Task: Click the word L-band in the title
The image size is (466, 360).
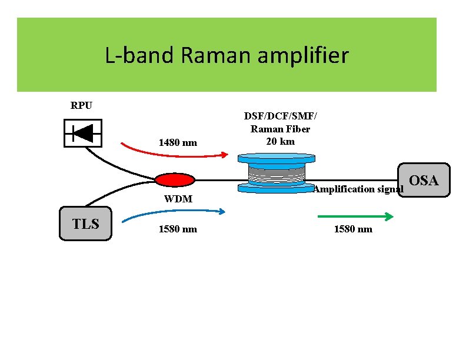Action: click(x=141, y=56)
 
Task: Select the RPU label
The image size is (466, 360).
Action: click(x=81, y=106)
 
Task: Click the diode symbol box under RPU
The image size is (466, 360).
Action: click(x=82, y=133)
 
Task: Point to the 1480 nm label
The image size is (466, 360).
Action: click(x=178, y=142)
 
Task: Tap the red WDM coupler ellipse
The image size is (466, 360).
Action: click(x=174, y=179)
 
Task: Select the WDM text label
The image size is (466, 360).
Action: click(x=178, y=199)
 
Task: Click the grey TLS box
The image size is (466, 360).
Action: click(x=85, y=224)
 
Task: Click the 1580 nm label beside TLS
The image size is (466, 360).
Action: click(x=178, y=229)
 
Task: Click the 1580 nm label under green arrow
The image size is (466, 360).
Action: click(x=353, y=229)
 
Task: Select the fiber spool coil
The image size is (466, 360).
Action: click(x=276, y=173)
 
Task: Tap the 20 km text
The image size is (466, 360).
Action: click(x=280, y=141)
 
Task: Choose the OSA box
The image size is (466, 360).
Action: click(x=423, y=180)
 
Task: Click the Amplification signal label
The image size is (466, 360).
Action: click(x=358, y=189)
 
